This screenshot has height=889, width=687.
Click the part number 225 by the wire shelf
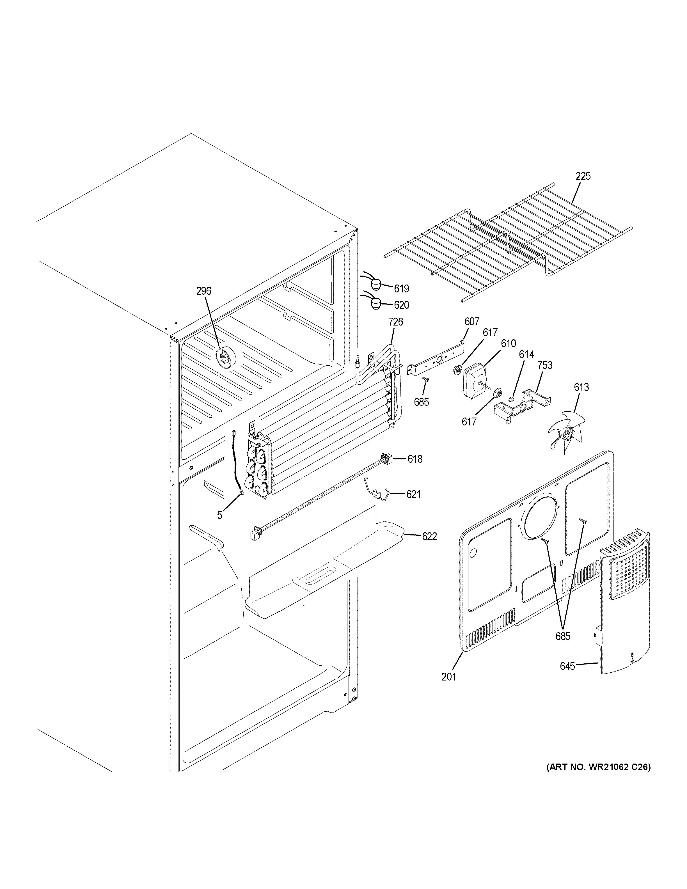(583, 176)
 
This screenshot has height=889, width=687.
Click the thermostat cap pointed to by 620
(376, 303)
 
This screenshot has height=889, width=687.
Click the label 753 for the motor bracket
(544, 365)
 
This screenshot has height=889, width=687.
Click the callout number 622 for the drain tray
(429, 537)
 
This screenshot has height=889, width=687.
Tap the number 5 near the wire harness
(219, 515)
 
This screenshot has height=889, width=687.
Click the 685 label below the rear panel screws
(563, 636)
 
